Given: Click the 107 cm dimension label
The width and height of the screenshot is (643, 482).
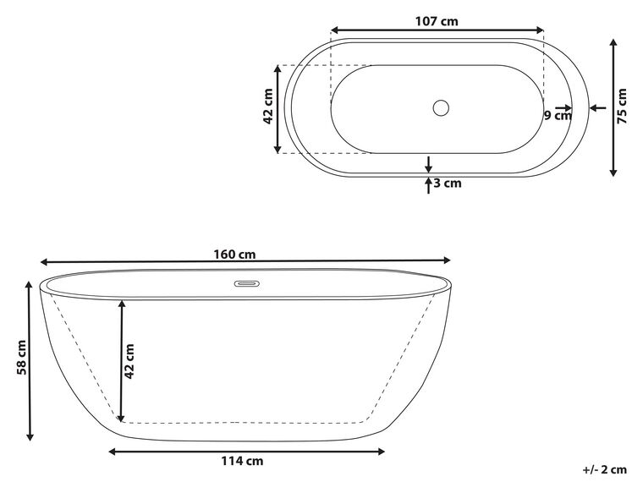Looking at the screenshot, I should (x=437, y=22).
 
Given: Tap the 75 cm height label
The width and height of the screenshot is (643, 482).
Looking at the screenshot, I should (x=623, y=106).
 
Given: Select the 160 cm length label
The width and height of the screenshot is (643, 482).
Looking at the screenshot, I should (x=241, y=254).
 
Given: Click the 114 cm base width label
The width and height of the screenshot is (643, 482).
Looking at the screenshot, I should (x=243, y=461).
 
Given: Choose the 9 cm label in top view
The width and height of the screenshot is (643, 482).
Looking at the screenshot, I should (x=558, y=115).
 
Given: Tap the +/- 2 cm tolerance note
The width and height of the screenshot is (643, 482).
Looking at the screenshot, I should (x=604, y=469).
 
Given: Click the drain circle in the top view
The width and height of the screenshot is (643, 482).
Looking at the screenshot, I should (x=440, y=108).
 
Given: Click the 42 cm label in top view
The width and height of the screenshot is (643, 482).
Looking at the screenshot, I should (x=268, y=107).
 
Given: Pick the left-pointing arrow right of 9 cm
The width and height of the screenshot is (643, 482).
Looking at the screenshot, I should (x=596, y=107).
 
